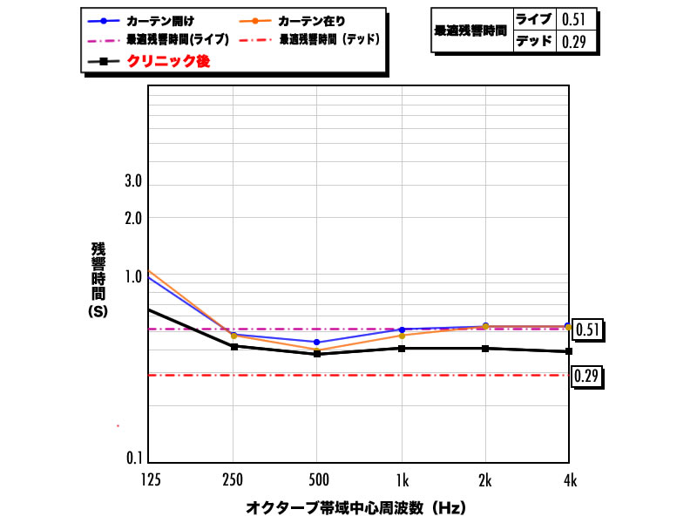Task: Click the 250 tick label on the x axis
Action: tap(232, 479)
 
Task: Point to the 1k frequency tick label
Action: tap(401, 479)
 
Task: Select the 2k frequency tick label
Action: tap(485, 479)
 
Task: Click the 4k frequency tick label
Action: tap(568, 479)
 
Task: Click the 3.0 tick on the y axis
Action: tap(132, 183)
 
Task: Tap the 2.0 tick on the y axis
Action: tap(132, 218)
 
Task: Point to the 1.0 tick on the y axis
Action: tap(132, 277)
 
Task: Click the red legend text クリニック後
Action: tap(168, 61)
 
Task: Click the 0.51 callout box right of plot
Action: tap(588, 329)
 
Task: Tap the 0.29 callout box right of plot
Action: tap(588, 377)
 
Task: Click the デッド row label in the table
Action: tap(533, 40)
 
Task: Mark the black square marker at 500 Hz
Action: tap(316, 353)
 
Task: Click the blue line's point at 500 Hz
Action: tap(316, 342)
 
